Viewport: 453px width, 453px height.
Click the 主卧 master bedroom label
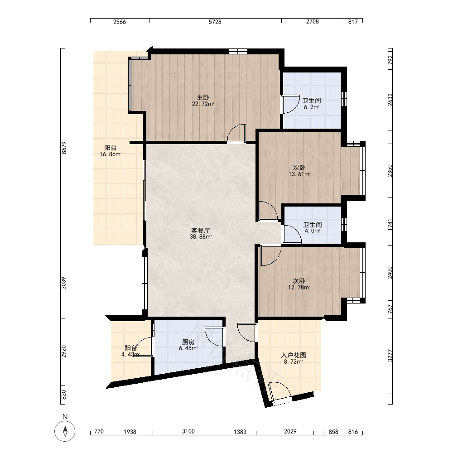pyautogui.click(x=203, y=98)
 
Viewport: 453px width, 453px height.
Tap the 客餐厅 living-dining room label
pyautogui.click(x=201, y=231)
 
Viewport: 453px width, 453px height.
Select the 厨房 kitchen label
pyautogui.click(x=188, y=342)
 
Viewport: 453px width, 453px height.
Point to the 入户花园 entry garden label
pyautogui.click(x=294, y=355)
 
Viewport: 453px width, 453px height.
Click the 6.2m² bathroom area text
pyautogui.click(x=312, y=107)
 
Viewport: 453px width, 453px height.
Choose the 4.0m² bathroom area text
pyautogui.click(x=312, y=231)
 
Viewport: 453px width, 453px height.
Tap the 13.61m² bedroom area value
pyautogui.click(x=299, y=174)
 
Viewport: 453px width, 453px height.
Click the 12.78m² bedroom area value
pyautogui.click(x=299, y=287)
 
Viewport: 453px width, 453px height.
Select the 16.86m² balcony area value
pyautogui.click(x=111, y=154)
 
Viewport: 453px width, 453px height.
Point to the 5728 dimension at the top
pyautogui.click(x=215, y=22)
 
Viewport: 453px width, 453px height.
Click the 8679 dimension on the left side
pyautogui.click(x=64, y=148)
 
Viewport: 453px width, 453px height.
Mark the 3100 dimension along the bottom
pyautogui.click(x=188, y=432)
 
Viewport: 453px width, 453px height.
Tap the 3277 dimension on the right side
pyautogui.click(x=390, y=356)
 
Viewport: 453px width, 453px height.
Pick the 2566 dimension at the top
pyautogui.click(x=120, y=22)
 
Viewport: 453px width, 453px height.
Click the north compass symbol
pyautogui.click(x=65, y=431)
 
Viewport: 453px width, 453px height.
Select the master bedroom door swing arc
pyautogui.click(x=236, y=133)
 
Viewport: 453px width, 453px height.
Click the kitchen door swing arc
pyautogui.click(x=214, y=336)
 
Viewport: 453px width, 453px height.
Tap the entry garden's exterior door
pyautogui.click(x=280, y=392)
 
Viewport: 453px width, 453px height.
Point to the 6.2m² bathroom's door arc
pyautogui.click(x=291, y=105)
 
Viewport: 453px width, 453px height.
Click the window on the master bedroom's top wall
pyautogui.click(x=238, y=52)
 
